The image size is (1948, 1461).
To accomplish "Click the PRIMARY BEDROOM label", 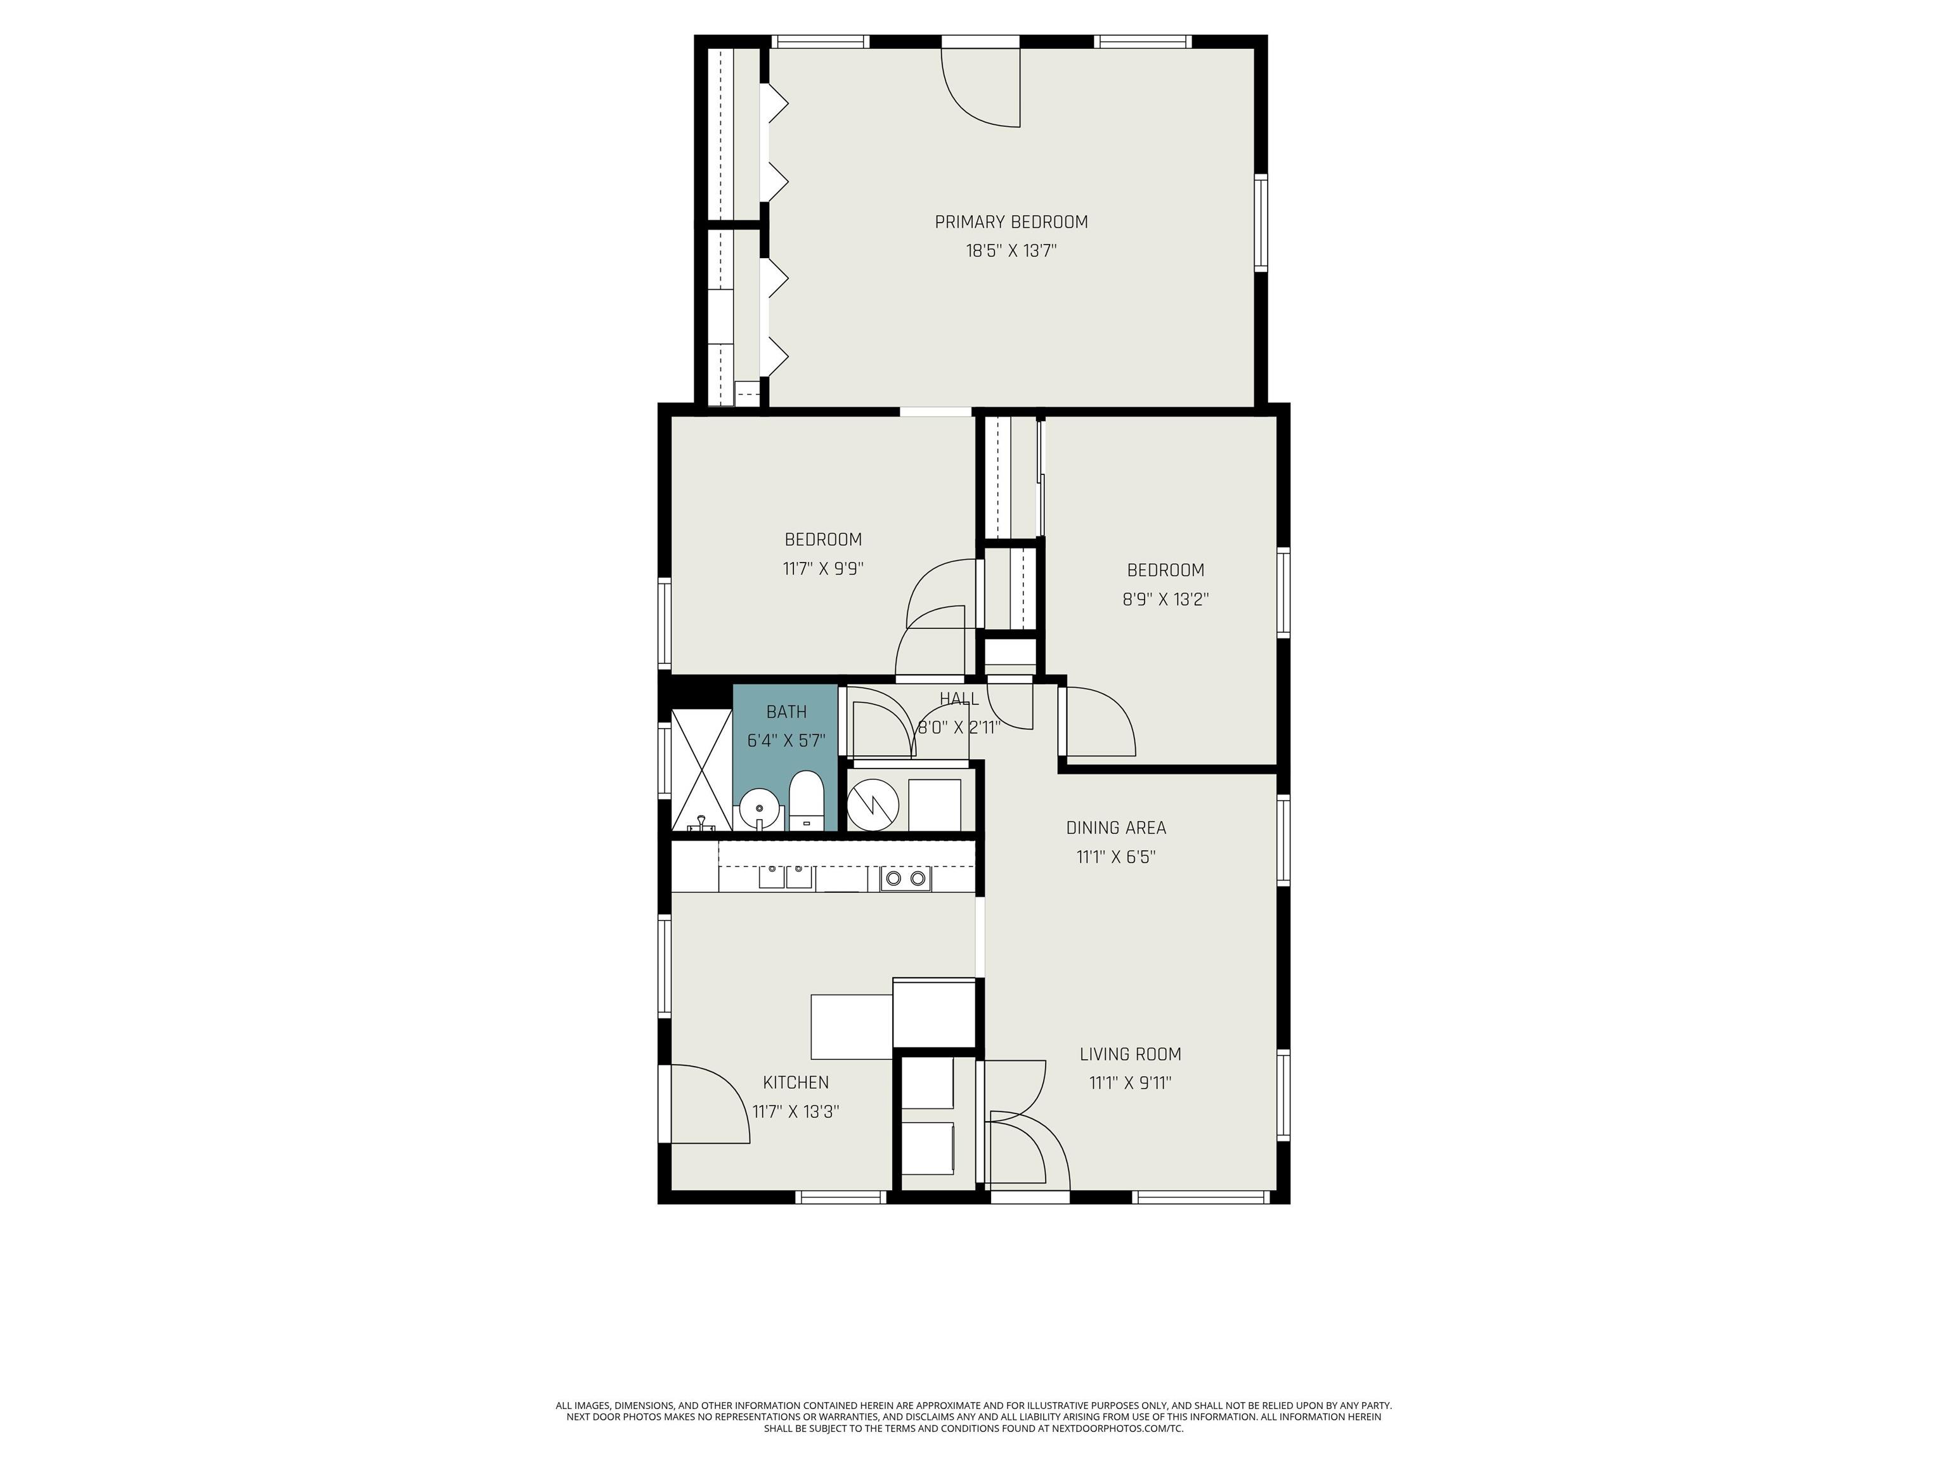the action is (1011, 222).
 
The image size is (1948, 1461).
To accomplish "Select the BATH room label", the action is (786, 711).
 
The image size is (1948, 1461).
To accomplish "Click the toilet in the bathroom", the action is (806, 800).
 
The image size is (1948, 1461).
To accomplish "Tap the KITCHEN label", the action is (795, 1082).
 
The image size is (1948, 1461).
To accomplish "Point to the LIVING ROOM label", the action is (1130, 1054).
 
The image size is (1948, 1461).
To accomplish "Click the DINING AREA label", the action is (1116, 828).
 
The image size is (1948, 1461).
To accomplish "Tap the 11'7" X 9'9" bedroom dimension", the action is (822, 569).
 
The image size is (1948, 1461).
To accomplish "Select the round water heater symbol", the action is (872, 802).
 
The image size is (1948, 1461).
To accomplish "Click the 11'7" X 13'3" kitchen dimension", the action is (795, 1112).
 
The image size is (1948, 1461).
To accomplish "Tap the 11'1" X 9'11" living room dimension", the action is (1130, 1083).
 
